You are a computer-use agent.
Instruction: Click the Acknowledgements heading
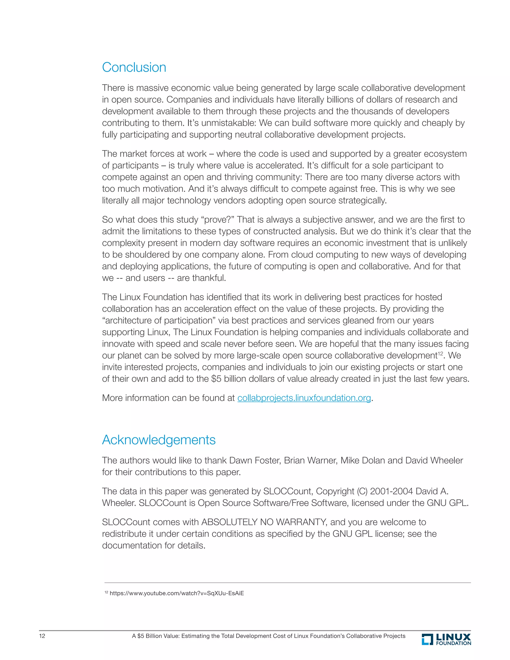pyautogui.click(x=159, y=440)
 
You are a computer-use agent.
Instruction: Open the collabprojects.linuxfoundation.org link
pyautogui.click(x=304, y=398)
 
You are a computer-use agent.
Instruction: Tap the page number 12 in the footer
pyautogui.click(x=42, y=636)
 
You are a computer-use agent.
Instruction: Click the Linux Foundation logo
pyautogui.click(x=446, y=639)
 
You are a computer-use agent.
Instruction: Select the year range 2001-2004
pyautogui.click(x=391, y=491)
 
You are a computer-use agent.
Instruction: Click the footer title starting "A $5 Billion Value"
pyautogui.click(x=268, y=636)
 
